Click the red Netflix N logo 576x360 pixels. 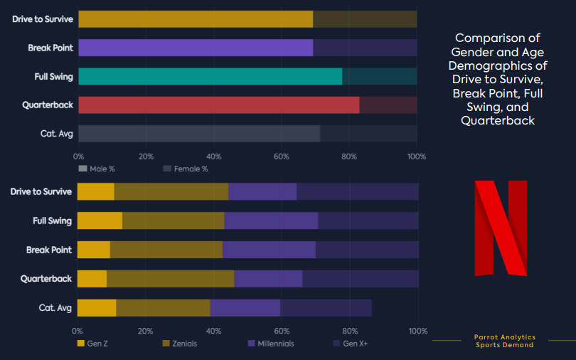point(501,228)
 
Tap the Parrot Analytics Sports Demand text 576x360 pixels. point(504,341)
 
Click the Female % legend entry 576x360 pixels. point(186,169)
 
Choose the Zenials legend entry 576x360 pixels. point(180,344)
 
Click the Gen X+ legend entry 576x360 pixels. point(351,344)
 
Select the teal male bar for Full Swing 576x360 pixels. point(210,76)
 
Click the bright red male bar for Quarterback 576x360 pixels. point(218,105)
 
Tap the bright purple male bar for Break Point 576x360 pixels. point(196,48)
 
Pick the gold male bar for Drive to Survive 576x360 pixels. point(196,19)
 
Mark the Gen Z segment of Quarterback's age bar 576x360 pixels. point(92,278)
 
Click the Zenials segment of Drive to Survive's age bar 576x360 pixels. point(171,191)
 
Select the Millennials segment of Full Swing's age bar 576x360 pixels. point(271,221)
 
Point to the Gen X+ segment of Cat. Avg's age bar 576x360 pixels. point(326,307)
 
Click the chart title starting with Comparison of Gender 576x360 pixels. point(498,79)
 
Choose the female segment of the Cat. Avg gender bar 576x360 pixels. point(368,133)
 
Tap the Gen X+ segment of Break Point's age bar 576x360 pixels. point(367,250)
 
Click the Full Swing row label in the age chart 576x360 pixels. point(52,221)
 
